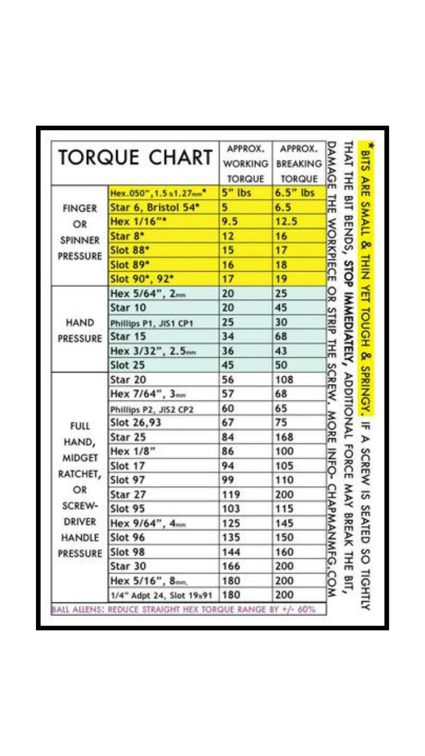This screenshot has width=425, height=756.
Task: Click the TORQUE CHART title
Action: click(135, 158)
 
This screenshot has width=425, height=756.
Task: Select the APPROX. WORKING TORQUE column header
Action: click(246, 163)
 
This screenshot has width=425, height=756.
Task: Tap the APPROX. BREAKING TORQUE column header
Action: click(300, 163)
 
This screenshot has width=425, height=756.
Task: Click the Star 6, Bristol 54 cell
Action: click(155, 207)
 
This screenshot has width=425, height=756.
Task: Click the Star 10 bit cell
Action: click(128, 308)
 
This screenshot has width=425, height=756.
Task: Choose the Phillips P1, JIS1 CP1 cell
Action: click(152, 323)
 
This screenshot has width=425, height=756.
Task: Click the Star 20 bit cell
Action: click(128, 380)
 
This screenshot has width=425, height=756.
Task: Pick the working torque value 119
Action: click(231, 494)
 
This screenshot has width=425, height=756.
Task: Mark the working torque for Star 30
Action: click(231, 566)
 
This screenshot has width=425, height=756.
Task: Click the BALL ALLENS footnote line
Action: click(184, 609)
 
